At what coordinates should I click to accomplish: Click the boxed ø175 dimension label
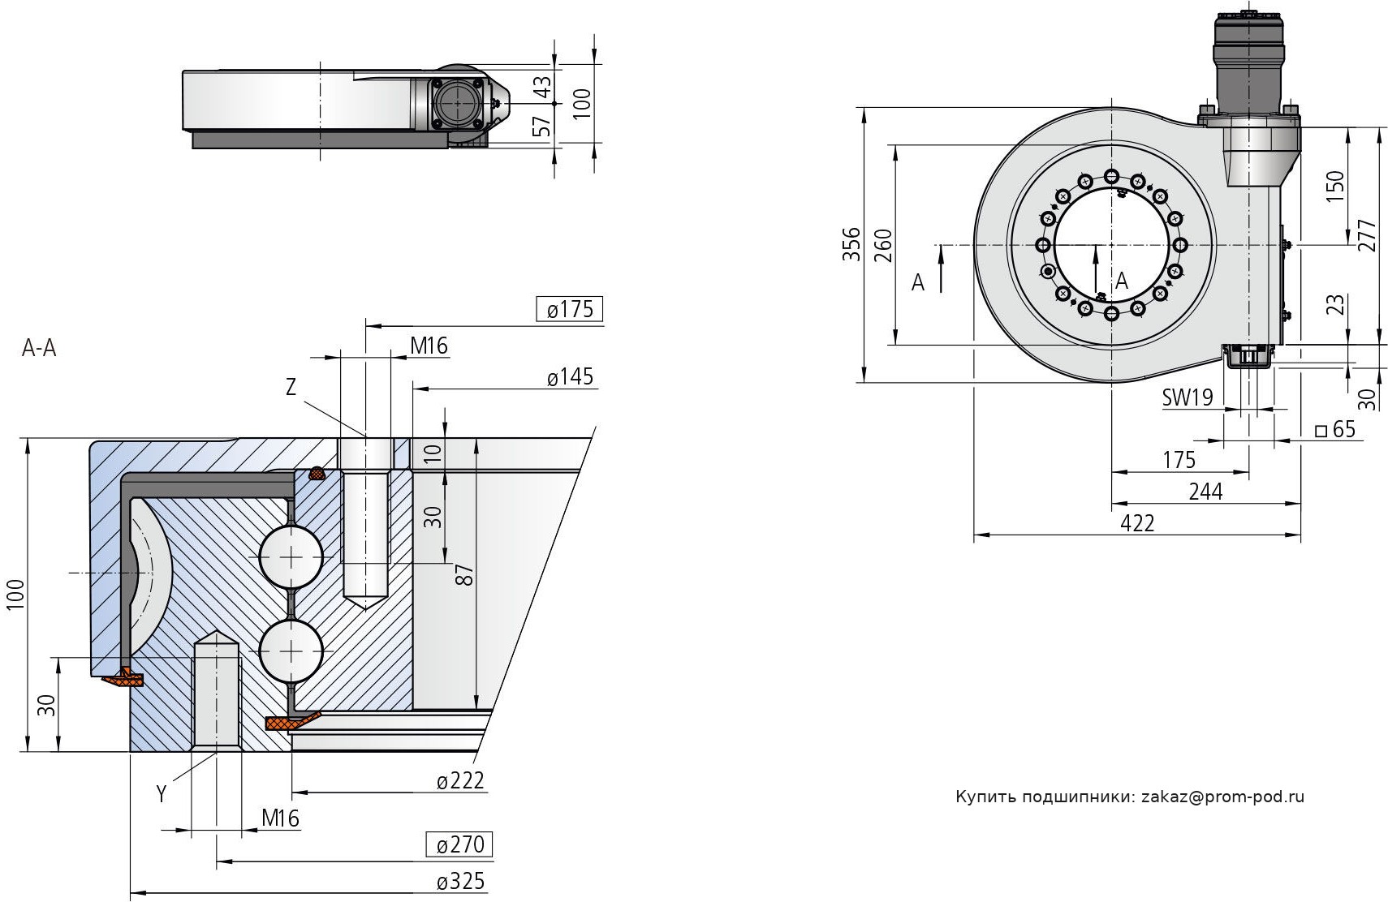click(x=570, y=309)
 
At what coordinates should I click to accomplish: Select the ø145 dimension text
click(x=570, y=376)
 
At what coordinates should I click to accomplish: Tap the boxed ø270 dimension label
click(x=459, y=844)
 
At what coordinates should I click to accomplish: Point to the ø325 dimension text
click(x=460, y=881)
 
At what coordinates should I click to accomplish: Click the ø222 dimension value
click(x=460, y=780)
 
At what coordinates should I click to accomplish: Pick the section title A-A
click(x=39, y=348)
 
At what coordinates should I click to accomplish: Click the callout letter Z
click(x=291, y=388)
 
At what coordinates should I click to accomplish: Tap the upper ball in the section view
click(x=291, y=557)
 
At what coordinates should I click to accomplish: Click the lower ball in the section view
click(x=291, y=651)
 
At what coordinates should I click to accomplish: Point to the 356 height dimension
click(x=850, y=243)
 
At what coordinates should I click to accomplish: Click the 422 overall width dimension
click(x=1136, y=523)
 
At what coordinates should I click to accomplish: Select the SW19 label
click(x=1187, y=397)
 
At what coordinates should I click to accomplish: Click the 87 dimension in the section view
click(x=464, y=574)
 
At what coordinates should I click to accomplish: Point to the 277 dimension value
click(x=1367, y=235)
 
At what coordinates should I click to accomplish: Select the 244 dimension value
click(x=1205, y=492)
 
